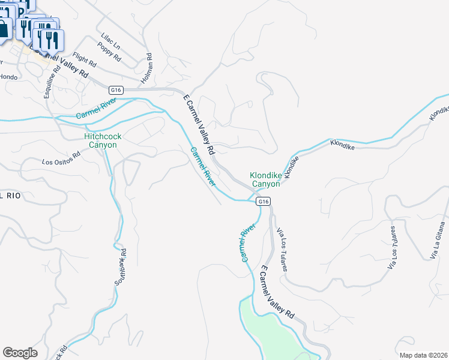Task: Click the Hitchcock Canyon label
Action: point(103,140)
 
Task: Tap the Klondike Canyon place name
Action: point(265,179)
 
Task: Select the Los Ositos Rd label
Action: point(61,161)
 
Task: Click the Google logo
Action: point(20,353)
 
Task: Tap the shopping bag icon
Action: point(4,29)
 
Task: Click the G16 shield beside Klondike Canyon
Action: point(263,202)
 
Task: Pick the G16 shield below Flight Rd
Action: point(116,90)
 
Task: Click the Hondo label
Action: point(8,77)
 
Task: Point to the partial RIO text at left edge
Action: point(10,196)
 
